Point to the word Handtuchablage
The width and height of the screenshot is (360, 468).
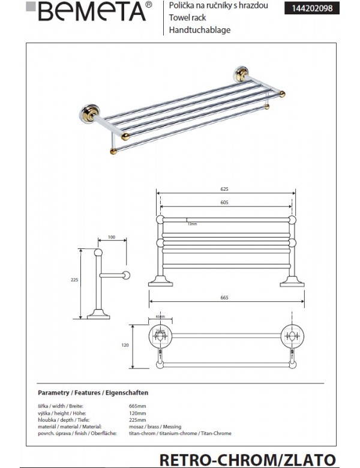click(200, 29)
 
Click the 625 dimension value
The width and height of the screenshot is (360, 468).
click(224, 189)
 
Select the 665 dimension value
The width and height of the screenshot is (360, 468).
click(224, 298)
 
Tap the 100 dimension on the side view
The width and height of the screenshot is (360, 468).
click(111, 237)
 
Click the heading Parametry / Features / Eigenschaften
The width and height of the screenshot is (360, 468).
click(93, 392)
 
